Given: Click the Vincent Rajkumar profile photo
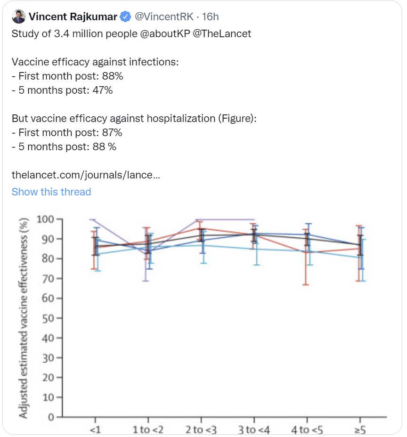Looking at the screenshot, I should point(18,16).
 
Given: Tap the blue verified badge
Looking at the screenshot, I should point(125,17).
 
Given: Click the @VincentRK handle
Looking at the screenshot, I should point(164,17).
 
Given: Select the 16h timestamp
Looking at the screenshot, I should point(211,17).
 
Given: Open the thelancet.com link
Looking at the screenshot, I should point(86,175).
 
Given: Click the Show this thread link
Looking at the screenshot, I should point(51,192).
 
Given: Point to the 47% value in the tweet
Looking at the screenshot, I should point(102,90).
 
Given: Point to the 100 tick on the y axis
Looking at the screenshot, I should point(46,219).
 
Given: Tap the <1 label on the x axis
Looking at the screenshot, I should point(95,429).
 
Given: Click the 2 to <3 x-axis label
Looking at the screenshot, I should point(201,429).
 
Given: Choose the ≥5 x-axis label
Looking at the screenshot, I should point(360,429).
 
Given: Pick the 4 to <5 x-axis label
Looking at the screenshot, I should point(307,429).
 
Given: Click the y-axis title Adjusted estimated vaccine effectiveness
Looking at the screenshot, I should point(23,318).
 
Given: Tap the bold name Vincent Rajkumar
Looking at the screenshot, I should point(73,17).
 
